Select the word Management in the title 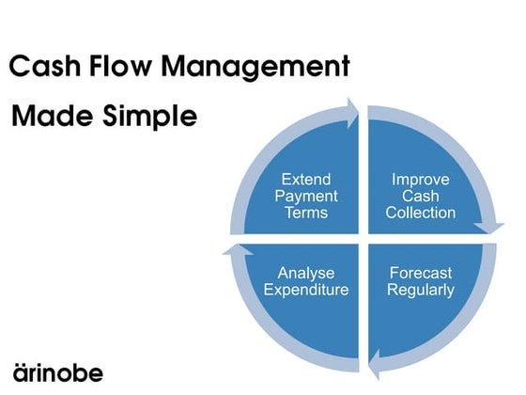[x=262, y=68]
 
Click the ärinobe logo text [x=58, y=371]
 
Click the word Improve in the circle [x=421, y=179]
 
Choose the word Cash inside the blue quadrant [x=421, y=196]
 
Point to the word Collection [x=421, y=213]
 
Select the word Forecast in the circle [x=421, y=273]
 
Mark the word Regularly [x=421, y=290]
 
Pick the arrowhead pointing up [x=235, y=250]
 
